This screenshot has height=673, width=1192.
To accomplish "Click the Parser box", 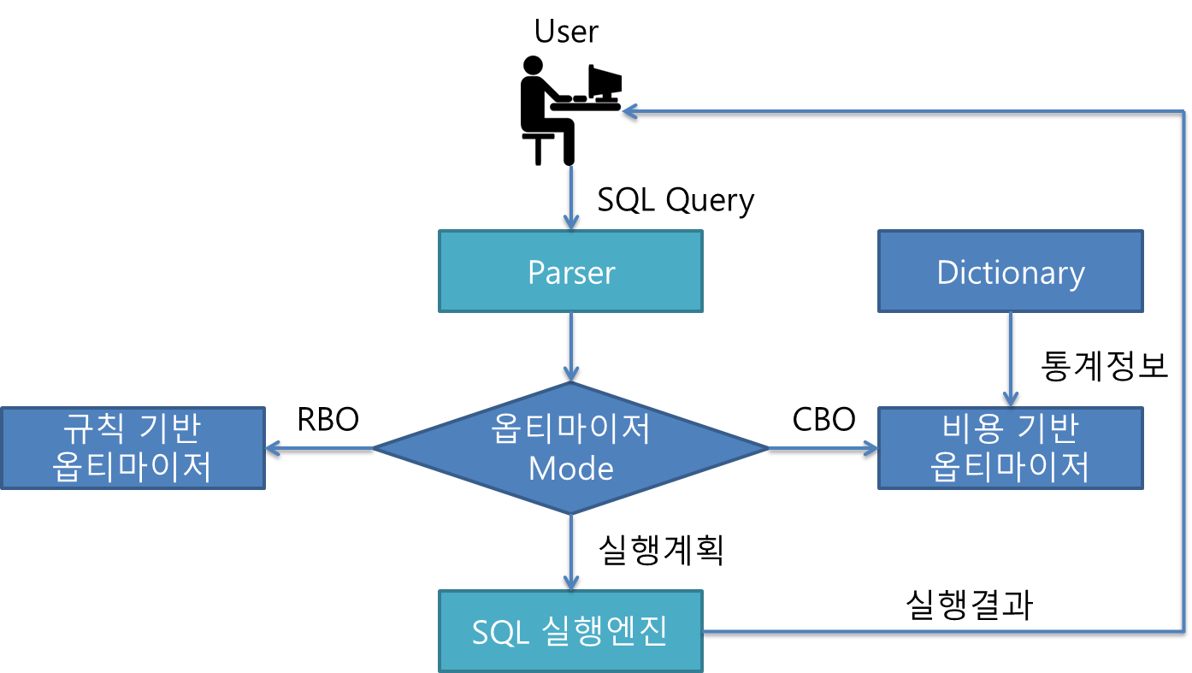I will point(570,271).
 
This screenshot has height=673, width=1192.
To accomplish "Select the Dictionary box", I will point(1010,271).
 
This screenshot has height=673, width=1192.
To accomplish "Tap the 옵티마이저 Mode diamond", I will point(570,447).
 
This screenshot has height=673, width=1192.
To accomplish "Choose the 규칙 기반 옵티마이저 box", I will point(133,447).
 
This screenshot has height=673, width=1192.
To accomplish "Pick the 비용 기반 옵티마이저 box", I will point(1010,447).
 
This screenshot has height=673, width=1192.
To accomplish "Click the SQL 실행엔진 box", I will point(570,631).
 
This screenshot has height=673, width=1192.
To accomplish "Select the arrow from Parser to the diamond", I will point(570,346).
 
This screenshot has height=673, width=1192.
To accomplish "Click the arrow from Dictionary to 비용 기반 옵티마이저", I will point(1010,358).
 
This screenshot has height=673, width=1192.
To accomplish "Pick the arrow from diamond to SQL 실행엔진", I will point(570,552).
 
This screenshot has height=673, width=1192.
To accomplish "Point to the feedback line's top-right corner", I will point(1184,111).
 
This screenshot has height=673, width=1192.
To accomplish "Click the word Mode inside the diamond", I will point(570,469).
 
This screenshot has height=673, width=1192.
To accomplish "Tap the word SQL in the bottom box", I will point(501,632).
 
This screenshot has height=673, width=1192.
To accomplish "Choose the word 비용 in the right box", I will point(968,428).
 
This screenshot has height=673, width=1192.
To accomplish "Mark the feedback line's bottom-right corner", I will point(1184,631).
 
